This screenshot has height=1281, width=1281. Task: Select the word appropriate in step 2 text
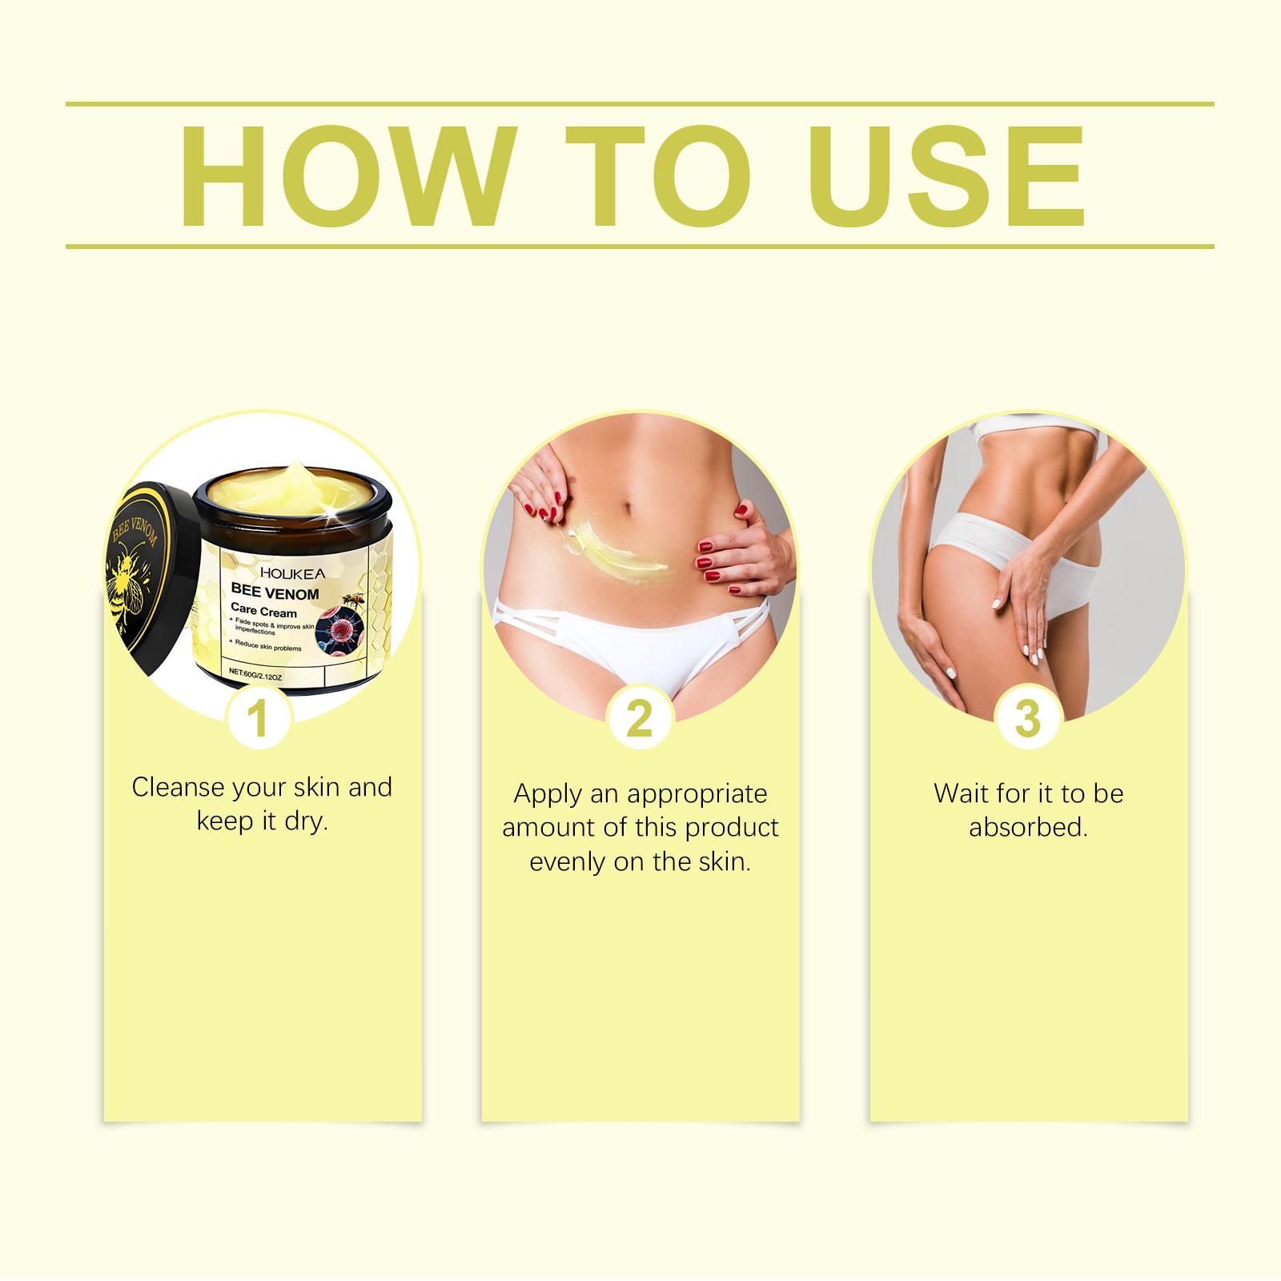click(697, 795)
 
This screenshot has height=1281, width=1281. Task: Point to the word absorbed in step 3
click(1028, 827)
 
